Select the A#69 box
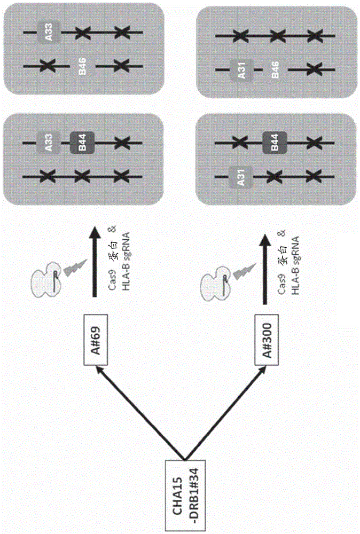[x=96, y=340]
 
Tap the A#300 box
[x=267, y=340]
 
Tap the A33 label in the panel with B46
[x=49, y=32]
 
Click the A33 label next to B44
[x=49, y=143]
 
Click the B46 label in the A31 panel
[x=276, y=69]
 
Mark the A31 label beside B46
[x=241, y=70]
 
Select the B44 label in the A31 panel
[x=275, y=142]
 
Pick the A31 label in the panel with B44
[x=241, y=177]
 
